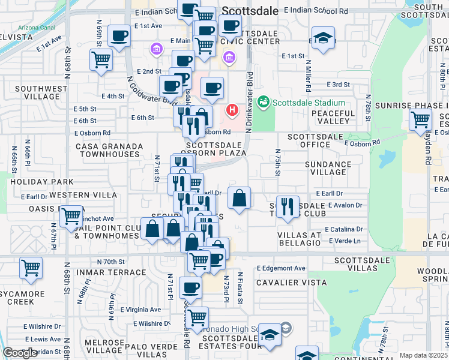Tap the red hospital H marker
pos(232,111)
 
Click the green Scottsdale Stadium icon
pos(263,102)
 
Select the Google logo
pos(20,353)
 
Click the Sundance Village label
pos(328,168)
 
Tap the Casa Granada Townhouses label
pos(109,150)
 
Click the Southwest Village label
pos(41,92)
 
